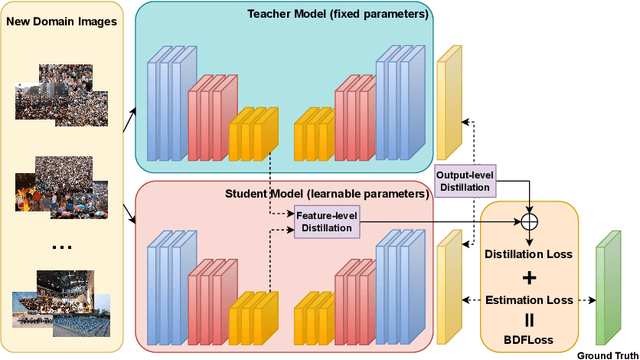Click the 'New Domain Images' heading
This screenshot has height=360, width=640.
63,23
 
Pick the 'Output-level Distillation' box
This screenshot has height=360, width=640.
465,181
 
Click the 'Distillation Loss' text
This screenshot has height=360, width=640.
528,254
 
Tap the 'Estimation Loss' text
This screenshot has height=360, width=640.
528,299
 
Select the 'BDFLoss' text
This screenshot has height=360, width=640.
528,340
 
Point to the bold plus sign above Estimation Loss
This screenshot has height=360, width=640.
528,277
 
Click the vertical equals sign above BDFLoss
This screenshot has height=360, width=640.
528,320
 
